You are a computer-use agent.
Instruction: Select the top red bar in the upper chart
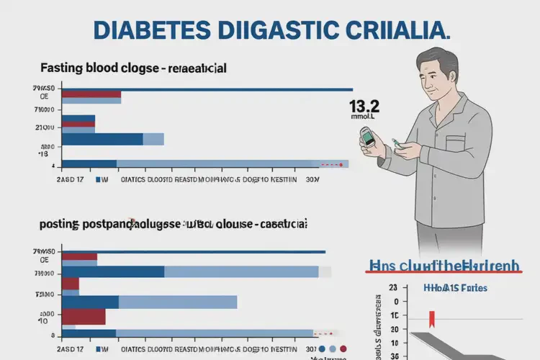click(x=91, y=94)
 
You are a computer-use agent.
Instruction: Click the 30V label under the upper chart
click(x=313, y=180)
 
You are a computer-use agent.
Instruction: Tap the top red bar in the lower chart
click(x=79, y=256)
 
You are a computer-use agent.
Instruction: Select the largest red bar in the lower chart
click(x=84, y=317)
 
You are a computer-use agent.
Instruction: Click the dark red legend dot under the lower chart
click(x=343, y=349)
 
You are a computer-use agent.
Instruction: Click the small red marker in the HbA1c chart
click(x=432, y=318)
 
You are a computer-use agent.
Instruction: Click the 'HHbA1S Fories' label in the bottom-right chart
click(x=452, y=288)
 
